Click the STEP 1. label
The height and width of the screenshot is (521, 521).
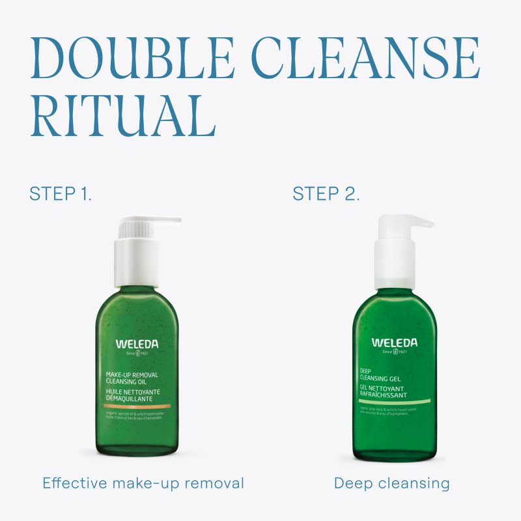click(60, 193)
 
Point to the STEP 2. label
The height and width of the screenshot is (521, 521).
click(326, 193)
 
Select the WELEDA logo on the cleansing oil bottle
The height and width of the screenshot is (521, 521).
click(137, 344)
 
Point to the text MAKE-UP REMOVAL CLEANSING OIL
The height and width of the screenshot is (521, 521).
click(132, 378)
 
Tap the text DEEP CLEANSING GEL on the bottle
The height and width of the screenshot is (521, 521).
click(380, 375)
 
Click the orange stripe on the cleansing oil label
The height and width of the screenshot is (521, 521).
click(137, 406)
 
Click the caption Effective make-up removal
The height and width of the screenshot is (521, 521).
click(143, 483)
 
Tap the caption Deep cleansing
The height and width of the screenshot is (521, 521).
click(392, 483)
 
